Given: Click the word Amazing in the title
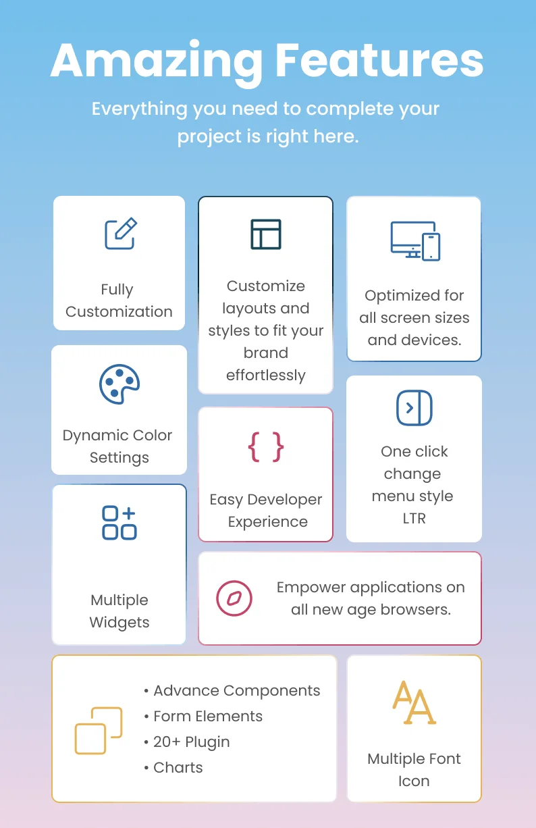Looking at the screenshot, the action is click(157, 62).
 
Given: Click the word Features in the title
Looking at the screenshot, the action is click(379, 60).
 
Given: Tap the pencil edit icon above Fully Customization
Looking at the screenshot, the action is click(121, 234).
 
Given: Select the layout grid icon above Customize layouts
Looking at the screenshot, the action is click(266, 234).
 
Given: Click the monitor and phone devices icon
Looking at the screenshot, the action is click(415, 241).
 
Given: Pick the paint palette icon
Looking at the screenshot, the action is click(119, 384).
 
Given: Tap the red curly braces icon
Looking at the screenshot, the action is click(266, 447).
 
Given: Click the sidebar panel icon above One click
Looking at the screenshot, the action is click(414, 408).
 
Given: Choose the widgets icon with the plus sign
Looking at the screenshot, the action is click(119, 523).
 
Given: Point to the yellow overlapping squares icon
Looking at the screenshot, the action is click(99, 731).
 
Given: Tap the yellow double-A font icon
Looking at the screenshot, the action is click(414, 702).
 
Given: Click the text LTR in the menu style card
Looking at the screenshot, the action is click(414, 518).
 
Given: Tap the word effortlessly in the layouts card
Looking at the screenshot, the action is click(266, 376).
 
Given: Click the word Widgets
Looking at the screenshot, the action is click(119, 623).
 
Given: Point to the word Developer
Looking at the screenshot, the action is click(284, 500).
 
